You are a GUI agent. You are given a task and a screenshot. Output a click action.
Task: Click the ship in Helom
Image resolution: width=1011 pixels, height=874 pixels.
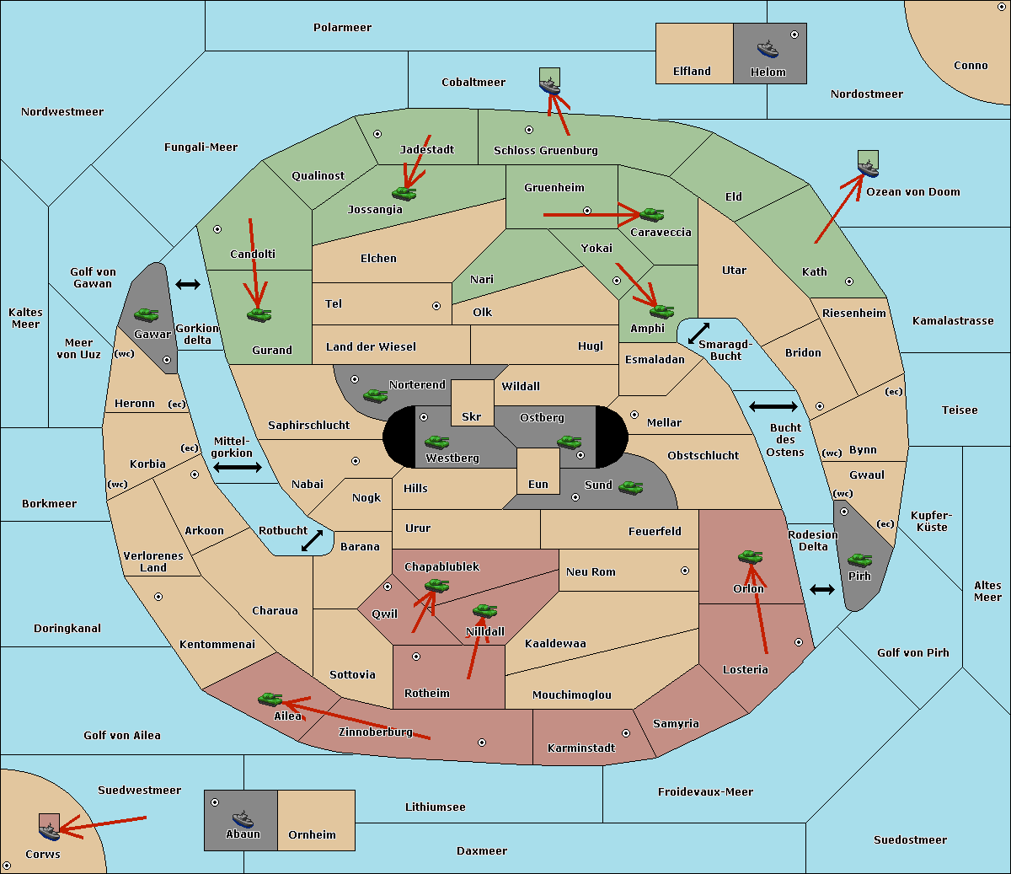click(x=768, y=49)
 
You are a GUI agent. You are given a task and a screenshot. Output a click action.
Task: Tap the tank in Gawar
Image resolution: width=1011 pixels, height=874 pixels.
click(x=147, y=314)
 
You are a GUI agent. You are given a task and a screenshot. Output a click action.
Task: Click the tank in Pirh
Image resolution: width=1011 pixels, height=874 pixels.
click(x=859, y=560)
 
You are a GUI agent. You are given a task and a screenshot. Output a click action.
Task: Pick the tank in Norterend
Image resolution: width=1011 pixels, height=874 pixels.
click(x=375, y=395)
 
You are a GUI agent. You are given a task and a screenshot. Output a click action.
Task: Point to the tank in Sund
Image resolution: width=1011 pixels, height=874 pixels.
click(x=630, y=487)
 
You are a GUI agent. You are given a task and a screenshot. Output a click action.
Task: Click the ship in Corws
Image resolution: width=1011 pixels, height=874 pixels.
click(x=50, y=831)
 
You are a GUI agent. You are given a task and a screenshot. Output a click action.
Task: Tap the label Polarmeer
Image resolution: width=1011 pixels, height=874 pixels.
click(x=342, y=28)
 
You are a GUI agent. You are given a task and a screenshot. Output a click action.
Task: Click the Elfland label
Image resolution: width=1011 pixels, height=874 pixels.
click(x=692, y=72)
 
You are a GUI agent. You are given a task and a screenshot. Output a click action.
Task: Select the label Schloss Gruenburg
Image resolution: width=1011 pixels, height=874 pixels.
click(x=546, y=150)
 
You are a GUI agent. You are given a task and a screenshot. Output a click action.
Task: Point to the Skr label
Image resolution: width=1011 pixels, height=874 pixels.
click(x=471, y=416)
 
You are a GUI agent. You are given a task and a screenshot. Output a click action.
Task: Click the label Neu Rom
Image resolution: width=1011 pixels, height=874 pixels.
click(x=591, y=571)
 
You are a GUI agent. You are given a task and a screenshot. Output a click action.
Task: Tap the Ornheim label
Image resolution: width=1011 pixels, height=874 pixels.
click(x=312, y=834)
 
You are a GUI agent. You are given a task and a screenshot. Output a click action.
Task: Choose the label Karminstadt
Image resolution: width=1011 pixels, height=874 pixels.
click(x=581, y=748)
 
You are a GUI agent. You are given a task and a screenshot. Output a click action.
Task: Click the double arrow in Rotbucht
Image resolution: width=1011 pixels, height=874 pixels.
click(x=312, y=540)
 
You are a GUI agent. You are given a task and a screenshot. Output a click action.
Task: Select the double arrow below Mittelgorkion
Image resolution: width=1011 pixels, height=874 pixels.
click(x=238, y=467)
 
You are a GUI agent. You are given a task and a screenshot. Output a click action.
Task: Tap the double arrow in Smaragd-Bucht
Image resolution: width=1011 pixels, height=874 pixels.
click(x=698, y=333)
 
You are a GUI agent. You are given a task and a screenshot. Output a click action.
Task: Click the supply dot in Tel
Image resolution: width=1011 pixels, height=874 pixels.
click(x=436, y=306)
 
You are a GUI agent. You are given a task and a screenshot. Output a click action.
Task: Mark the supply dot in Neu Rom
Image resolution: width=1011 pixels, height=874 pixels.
click(x=685, y=571)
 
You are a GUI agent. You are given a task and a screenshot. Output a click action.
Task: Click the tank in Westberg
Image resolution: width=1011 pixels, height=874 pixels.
click(x=436, y=442)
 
